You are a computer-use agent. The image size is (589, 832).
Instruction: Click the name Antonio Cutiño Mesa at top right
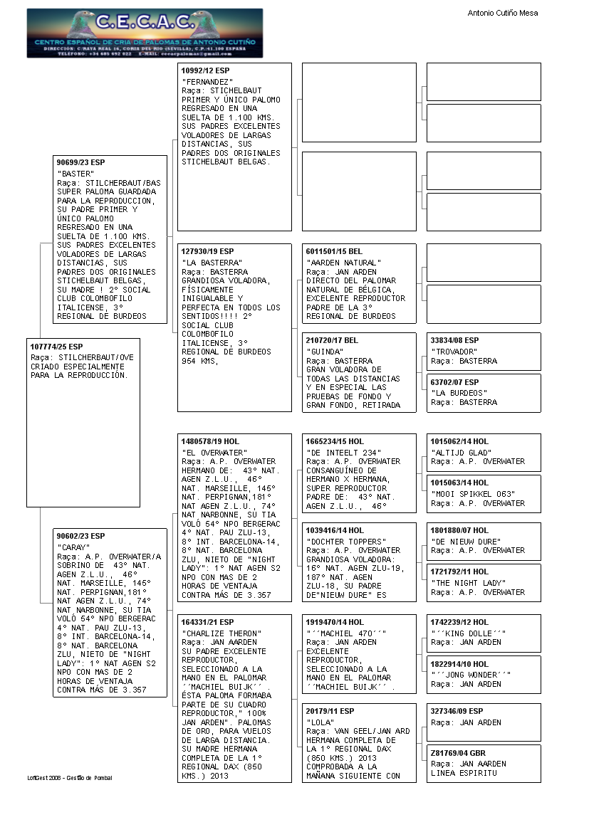point(503,13)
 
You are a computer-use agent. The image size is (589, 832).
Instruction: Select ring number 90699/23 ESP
point(80,162)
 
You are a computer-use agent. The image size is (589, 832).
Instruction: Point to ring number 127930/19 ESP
point(207,252)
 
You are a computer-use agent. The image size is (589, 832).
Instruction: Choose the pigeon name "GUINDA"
point(323,352)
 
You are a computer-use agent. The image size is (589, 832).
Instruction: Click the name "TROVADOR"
point(454,352)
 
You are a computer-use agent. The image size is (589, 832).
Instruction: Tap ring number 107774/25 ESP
point(57,347)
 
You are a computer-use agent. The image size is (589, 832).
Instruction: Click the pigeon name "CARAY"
point(73,547)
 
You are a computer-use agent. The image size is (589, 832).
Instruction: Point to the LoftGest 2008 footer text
point(70,778)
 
